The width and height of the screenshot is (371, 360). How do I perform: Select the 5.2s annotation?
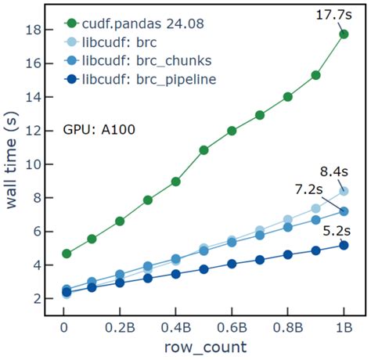[337, 230]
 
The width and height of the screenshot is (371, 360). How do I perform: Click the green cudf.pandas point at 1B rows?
[343, 34]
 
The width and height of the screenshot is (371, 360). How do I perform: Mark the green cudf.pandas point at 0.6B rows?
[232, 131]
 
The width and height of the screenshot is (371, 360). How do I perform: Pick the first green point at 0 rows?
[67, 254]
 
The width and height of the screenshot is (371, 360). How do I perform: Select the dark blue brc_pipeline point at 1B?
[343, 245]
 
